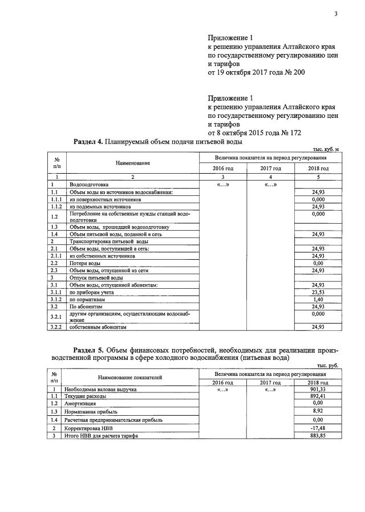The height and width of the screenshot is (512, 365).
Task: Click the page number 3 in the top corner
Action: (336, 14)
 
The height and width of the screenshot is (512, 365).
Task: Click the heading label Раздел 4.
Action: (88, 141)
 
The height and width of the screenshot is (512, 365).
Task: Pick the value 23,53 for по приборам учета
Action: (318, 292)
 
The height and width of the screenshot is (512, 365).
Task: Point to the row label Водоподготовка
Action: (88, 185)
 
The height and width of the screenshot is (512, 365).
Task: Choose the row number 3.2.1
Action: (55, 316)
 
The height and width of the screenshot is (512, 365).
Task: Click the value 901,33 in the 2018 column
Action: (318, 389)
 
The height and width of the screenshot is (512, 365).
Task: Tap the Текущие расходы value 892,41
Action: (318, 396)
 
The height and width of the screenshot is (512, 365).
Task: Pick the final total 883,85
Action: (318, 436)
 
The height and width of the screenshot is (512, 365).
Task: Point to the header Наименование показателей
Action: (129, 377)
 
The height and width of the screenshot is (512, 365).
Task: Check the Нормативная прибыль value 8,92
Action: (318, 411)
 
